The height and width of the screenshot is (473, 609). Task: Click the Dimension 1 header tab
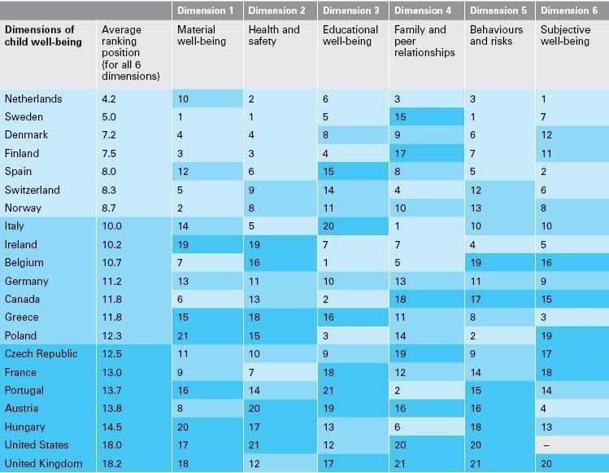point(207,11)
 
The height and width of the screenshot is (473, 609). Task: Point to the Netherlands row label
point(33,99)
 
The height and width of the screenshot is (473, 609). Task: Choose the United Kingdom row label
point(43,464)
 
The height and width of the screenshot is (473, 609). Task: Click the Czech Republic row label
point(41,354)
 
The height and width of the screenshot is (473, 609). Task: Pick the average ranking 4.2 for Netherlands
point(109,99)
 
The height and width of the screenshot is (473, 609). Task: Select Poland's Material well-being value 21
point(184,336)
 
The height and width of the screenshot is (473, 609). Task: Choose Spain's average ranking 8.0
point(109,172)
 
